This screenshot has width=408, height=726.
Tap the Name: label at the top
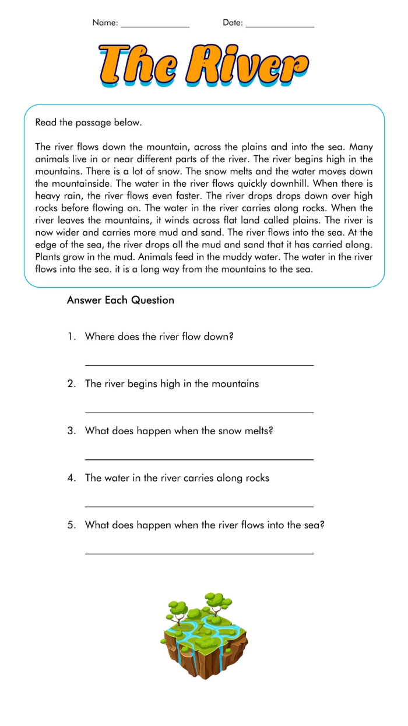point(105,23)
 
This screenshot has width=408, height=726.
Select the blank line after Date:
point(280,26)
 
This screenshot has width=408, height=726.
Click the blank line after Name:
point(155,26)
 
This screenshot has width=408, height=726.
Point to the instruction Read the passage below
point(89,123)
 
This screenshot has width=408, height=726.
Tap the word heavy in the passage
point(48,196)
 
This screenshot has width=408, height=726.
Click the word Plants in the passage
point(48,257)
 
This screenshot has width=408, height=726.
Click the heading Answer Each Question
point(121,301)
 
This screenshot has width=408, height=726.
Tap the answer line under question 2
point(199,412)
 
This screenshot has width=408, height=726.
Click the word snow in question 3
point(229,431)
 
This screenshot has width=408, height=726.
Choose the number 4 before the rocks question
point(71,478)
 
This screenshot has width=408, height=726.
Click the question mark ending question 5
point(322,525)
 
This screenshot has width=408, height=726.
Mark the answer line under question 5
point(199,553)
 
